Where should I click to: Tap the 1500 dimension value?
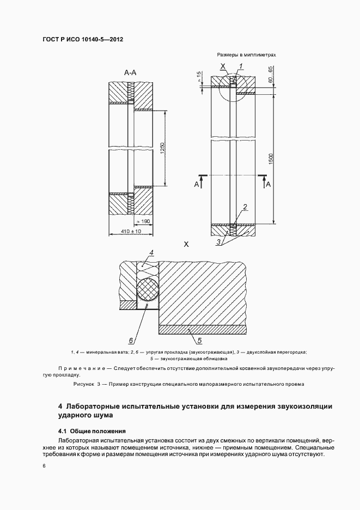271,159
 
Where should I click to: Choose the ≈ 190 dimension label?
143,222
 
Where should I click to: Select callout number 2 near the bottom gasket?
245,207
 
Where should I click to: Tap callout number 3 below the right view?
218,242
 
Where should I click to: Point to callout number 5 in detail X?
199,341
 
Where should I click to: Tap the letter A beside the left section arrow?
197,185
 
